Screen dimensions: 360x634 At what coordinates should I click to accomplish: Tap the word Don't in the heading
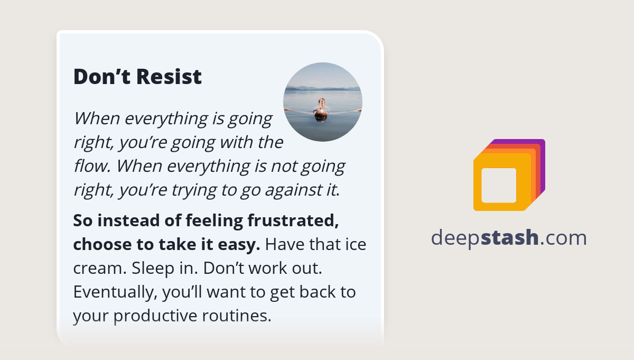click(x=102, y=77)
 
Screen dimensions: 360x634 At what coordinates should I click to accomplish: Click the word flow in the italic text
click(x=91, y=166)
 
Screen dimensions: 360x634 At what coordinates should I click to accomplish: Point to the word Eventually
click(x=115, y=292)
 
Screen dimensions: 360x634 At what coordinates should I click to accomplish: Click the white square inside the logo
click(x=499, y=185)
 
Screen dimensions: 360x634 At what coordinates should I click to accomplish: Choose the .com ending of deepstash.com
click(x=563, y=238)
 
